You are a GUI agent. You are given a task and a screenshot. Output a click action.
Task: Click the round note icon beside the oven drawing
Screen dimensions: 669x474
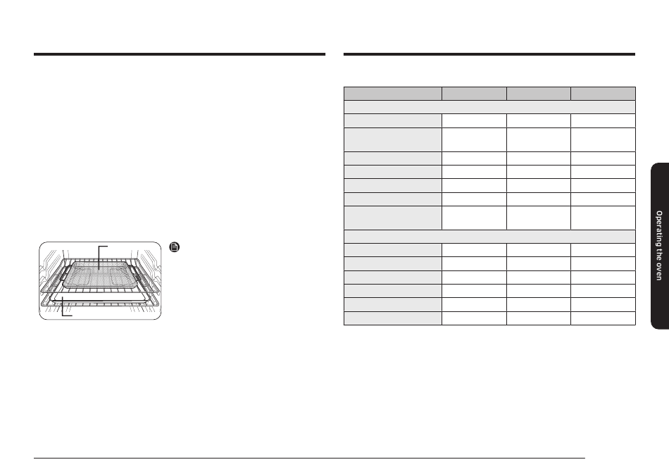pos(175,247)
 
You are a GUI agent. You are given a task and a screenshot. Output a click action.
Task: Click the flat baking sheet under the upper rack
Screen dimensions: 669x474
pos(101,298)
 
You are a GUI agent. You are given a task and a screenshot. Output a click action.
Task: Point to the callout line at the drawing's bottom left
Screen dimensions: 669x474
pos(63,308)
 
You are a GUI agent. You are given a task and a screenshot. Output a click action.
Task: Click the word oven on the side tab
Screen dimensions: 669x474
pos(659,272)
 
